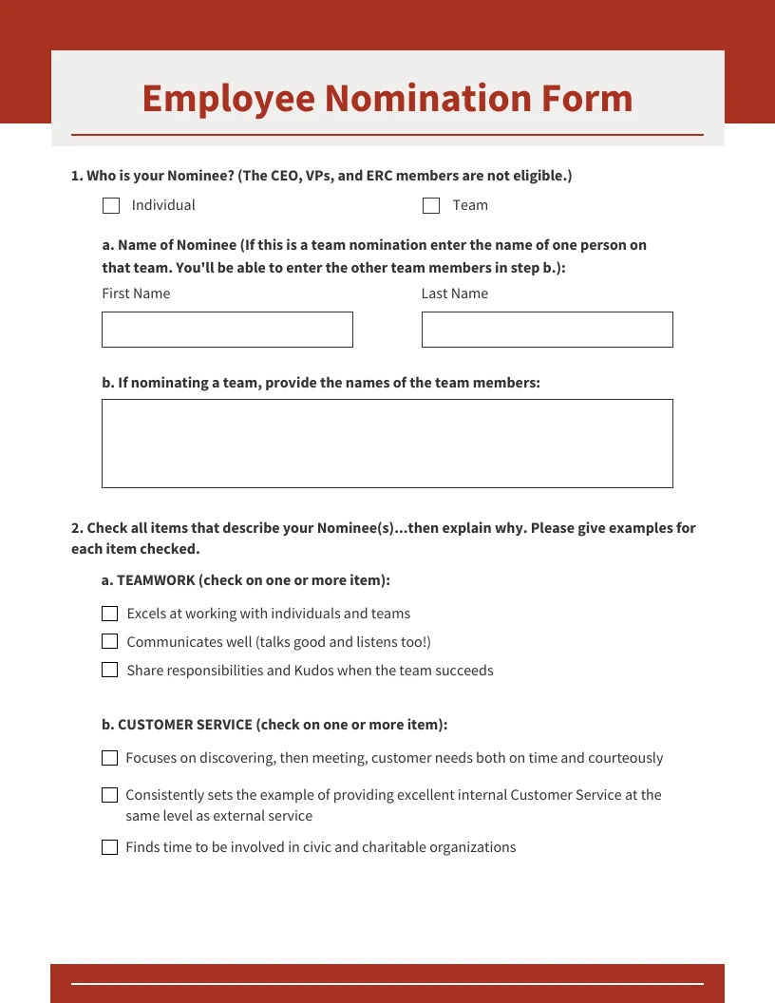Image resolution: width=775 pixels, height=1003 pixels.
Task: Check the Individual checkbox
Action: [111, 205]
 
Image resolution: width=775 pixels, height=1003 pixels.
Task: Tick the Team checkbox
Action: [431, 205]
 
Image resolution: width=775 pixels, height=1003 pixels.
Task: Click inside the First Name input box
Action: [227, 330]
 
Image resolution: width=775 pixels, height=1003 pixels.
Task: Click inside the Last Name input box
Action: [547, 330]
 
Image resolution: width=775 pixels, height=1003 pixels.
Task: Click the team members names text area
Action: [387, 444]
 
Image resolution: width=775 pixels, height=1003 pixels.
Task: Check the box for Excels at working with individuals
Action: [109, 614]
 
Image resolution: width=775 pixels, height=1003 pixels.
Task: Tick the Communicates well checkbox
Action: [109, 642]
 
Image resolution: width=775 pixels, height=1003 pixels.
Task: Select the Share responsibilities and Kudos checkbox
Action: [109, 671]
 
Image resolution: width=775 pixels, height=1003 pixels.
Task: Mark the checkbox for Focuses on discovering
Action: [109, 758]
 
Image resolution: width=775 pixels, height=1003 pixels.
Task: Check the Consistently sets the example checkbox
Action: [109, 795]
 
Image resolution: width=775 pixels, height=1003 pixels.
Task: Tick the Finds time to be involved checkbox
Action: [109, 847]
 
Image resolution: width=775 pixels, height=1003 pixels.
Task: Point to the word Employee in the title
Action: [228, 99]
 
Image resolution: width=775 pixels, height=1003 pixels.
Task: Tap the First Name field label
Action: [136, 293]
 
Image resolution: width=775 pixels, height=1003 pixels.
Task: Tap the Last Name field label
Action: [455, 293]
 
